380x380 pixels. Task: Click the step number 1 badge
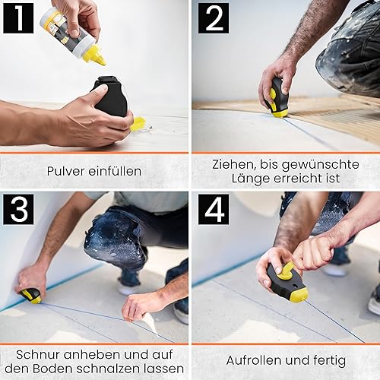(18, 18)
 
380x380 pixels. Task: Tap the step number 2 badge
(214, 18)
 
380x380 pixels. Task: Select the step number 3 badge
(18, 209)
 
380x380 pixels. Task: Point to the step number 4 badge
(214, 209)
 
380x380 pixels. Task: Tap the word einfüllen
(115, 171)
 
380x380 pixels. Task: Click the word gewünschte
(321, 165)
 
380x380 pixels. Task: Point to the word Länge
(251, 178)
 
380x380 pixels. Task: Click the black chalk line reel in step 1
(112, 97)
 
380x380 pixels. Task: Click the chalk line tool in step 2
(276, 98)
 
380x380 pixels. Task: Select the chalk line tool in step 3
(31, 296)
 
